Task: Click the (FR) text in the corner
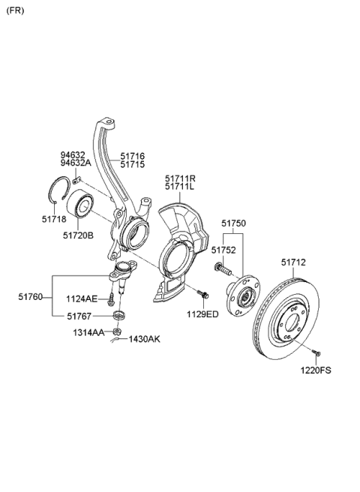(x=15, y=10)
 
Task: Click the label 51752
(x=223, y=250)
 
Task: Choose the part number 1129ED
(x=202, y=313)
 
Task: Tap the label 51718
(x=53, y=220)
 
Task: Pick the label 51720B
(x=78, y=235)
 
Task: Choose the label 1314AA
(x=88, y=332)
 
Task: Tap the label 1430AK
(x=145, y=340)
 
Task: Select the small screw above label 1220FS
(x=317, y=352)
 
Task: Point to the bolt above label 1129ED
(x=202, y=294)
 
